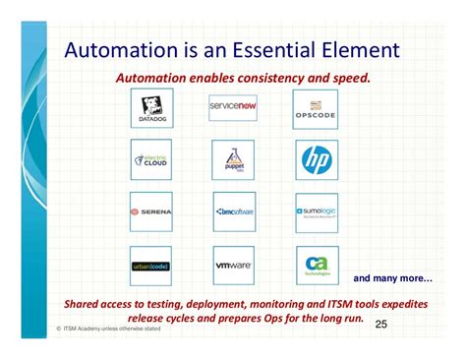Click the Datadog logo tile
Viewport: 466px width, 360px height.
(x=151, y=107)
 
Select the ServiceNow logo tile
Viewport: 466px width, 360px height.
(x=233, y=107)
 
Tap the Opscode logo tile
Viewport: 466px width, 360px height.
(x=317, y=107)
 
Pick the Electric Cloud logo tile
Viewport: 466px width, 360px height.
(x=151, y=159)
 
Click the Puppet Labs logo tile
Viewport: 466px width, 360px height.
(x=233, y=159)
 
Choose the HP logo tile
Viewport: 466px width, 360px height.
(x=317, y=159)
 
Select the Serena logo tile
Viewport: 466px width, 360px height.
(x=151, y=211)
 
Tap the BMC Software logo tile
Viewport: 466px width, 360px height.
(x=233, y=211)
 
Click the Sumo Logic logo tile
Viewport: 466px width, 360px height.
(x=317, y=211)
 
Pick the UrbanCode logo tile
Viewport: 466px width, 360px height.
(x=151, y=266)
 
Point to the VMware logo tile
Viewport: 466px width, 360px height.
(x=233, y=266)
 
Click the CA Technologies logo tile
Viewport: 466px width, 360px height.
(x=317, y=266)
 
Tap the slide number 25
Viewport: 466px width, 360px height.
(x=381, y=324)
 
